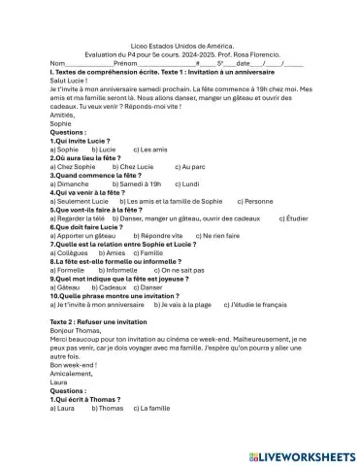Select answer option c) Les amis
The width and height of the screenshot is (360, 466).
pyautogui.click(x=147, y=150)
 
